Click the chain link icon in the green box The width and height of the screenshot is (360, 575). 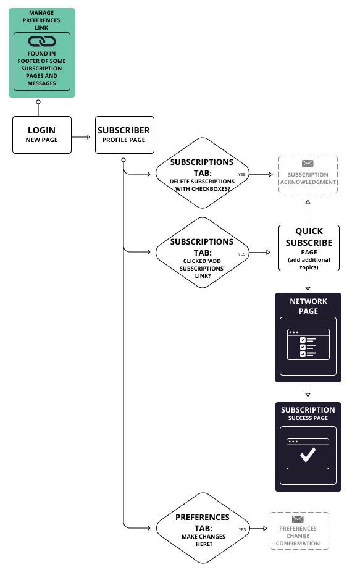[42, 41]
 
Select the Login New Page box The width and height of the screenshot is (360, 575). [42, 135]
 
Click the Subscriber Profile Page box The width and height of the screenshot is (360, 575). [124, 135]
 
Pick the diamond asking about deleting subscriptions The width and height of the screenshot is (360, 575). [203, 174]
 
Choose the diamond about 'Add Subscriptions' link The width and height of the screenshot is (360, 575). [203, 253]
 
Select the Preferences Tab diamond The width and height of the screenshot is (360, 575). [203, 528]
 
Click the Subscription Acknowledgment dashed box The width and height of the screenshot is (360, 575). [308, 174]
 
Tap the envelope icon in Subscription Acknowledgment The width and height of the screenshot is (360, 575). [308, 164]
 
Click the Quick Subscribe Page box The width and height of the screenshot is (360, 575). [309, 248]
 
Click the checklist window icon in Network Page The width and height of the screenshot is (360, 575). [308, 344]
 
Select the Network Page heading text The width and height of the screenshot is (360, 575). [308, 306]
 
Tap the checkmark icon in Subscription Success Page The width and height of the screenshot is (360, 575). [308, 455]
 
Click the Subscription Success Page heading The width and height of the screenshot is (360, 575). [308, 414]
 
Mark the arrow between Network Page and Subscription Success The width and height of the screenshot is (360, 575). [308, 391]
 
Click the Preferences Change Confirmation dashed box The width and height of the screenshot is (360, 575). [299, 531]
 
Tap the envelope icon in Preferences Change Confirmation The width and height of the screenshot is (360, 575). [298, 519]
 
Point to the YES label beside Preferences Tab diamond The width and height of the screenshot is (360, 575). [242, 529]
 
